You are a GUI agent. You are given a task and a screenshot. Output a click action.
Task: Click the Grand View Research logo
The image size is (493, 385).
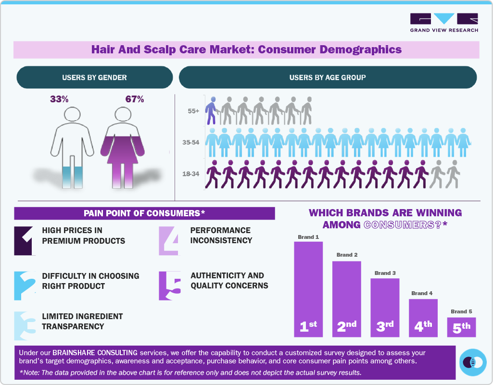click(x=444, y=23)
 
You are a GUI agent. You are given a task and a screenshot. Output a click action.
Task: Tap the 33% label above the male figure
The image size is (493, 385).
click(x=59, y=99)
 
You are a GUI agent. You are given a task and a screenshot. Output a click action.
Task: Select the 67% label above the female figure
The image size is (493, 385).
click(x=135, y=99)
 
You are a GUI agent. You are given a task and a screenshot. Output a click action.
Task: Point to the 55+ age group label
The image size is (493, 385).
click(x=194, y=111)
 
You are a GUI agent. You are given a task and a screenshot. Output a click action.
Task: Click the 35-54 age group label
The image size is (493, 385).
click(x=191, y=143)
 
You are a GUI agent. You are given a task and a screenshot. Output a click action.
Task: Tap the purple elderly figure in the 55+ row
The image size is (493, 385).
click(x=211, y=111)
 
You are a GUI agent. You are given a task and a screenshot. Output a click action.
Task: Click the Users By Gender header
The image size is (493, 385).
click(x=94, y=77)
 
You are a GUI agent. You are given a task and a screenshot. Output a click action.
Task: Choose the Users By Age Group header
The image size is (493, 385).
click(x=328, y=77)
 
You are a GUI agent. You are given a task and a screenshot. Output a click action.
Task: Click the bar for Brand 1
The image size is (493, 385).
click(x=308, y=289)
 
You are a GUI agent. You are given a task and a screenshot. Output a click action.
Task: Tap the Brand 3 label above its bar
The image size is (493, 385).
click(x=385, y=273)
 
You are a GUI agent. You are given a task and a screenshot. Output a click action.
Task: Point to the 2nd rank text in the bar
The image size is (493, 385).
click(x=346, y=326)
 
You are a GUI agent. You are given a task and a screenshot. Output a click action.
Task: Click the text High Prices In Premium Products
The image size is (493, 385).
click(x=83, y=236)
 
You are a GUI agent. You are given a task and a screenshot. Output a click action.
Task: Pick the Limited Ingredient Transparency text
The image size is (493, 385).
click(x=82, y=321)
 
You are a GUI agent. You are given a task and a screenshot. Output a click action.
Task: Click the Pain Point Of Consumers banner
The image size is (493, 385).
click(x=144, y=213)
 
